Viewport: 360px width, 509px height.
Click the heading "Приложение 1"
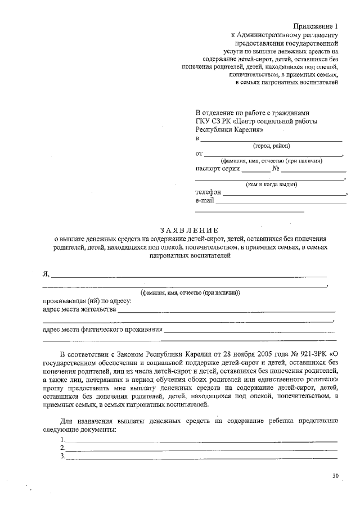(x=317, y=26)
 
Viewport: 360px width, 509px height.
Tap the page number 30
(x=336, y=476)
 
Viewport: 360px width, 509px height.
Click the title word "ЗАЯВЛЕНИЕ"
(x=188, y=230)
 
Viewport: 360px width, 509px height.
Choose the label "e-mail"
(x=205, y=200)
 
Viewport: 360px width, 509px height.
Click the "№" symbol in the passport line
(x=276, y=168)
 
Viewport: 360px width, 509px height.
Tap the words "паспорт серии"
(x=218, y=168)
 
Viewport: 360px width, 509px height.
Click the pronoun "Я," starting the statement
(x=47, y=274)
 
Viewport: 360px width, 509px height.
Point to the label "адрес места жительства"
(x=80, y=309)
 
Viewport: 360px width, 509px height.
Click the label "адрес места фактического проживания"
(x=103, y=330)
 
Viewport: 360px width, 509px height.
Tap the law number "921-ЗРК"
(x=314, y=355)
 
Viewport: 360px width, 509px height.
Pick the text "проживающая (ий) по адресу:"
(x=87, y=300)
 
